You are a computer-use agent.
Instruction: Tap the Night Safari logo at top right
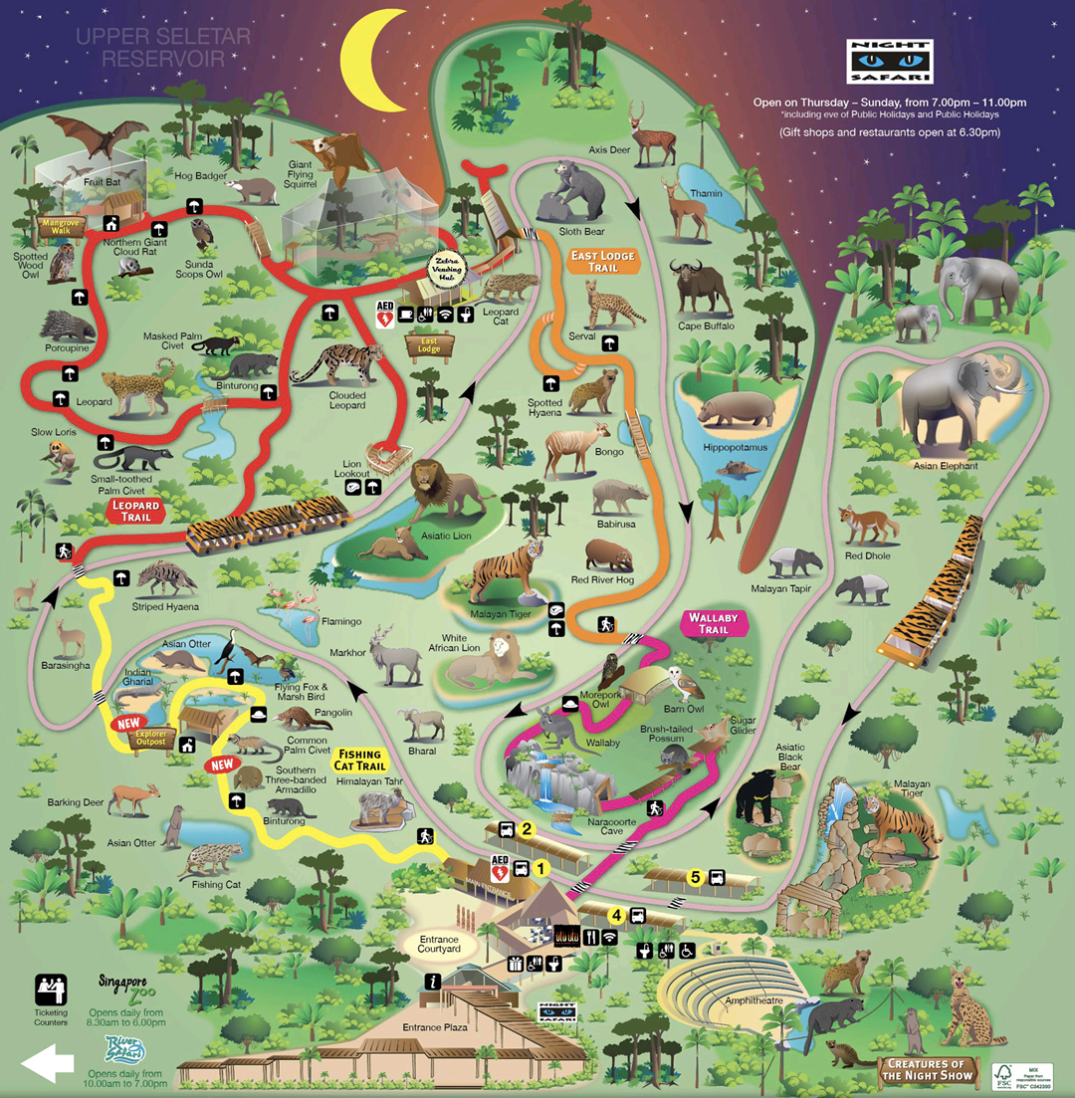[889, 62]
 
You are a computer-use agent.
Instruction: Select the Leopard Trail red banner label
[135, 511]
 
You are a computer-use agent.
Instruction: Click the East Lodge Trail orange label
[603, 262]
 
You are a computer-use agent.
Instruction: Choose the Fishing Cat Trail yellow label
[358, 760]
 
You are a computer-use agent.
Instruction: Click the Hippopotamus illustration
[735, 409]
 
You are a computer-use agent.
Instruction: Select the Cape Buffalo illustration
[704, 287]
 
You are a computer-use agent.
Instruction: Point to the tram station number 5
[696, 877]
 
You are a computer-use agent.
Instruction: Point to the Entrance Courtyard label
[439, 942]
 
